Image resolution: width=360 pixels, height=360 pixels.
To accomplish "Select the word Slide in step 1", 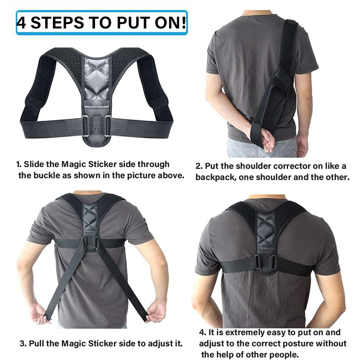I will pyautogui.click(x=32, y=165).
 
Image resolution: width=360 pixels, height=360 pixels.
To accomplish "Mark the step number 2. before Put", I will pyautogui.click(x=199, y=166).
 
